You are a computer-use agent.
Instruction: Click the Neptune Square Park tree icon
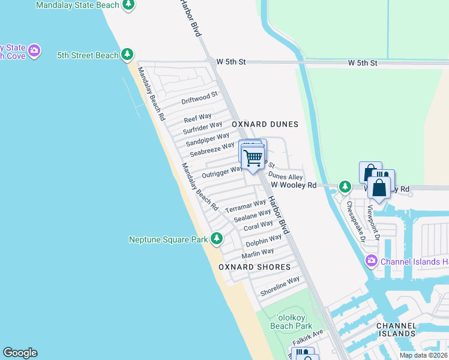[217, 239]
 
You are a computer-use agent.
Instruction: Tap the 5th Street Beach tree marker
[127, 55]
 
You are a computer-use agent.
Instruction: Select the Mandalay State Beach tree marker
[128, 5]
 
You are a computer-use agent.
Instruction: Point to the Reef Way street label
[197, 118]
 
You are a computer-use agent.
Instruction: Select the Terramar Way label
[245, 206]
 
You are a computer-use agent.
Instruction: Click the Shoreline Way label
[280, 286]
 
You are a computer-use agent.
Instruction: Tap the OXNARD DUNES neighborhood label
[265, 124]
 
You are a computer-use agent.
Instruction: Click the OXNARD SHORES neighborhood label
[254, 267]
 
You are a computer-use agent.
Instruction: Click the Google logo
[20, 353]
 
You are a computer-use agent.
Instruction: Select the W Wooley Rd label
[293, 186]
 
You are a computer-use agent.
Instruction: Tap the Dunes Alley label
[286, 176]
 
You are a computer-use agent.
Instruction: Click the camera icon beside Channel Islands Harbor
[372, 261]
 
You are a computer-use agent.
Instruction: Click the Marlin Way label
[258, 253]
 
